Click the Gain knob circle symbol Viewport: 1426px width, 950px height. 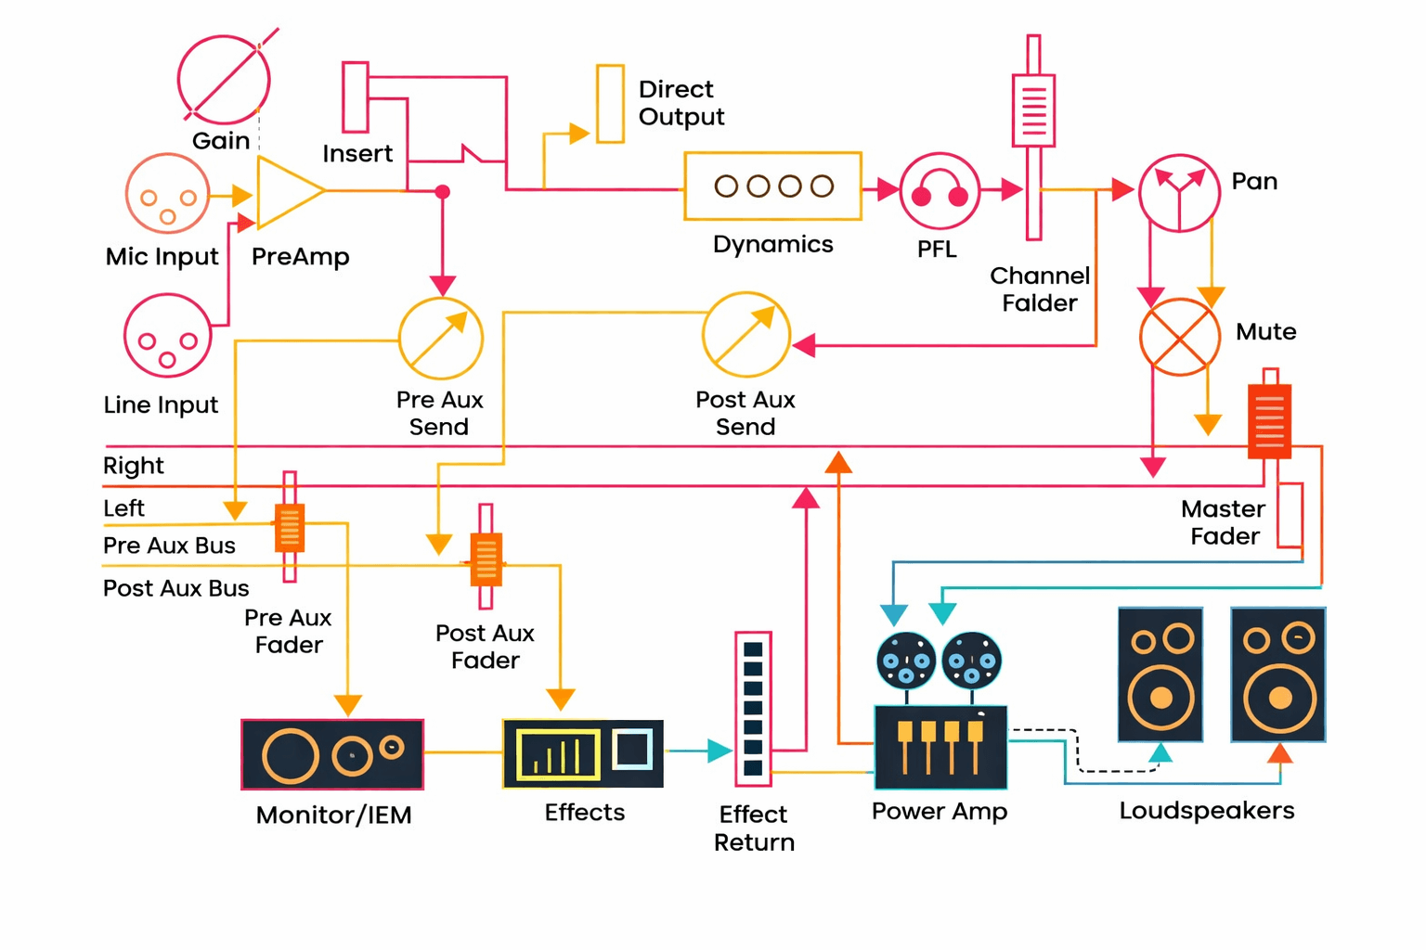(x=224, y=80)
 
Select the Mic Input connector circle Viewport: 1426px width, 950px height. (x=167, y=194)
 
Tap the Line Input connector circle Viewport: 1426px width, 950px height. (x=167, y=336)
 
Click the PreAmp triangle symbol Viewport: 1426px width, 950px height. (x=286, y=192)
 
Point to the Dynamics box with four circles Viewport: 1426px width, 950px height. (x=772, y=186)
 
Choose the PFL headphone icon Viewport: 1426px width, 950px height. (x=940, y=192)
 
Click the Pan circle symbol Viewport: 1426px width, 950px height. (x=1179, y=193)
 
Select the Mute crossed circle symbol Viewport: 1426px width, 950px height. (x=1180, y=337)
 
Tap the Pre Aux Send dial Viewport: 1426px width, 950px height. (x=441, y=339)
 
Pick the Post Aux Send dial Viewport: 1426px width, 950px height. (x=746, y=335)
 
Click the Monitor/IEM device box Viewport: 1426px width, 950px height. (x=332, y=754)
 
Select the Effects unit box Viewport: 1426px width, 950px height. (x=583, y=753)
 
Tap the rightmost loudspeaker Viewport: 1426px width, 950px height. (x=1278, y=674)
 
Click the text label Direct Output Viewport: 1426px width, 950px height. (x=681, y=103)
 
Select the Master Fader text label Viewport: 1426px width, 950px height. (x=1224, y=522)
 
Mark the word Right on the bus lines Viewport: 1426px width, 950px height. (x=133, y=466)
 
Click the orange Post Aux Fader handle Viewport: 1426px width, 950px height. (x=486, y=559)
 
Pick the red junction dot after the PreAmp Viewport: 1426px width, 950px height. (x=443, y=192)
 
